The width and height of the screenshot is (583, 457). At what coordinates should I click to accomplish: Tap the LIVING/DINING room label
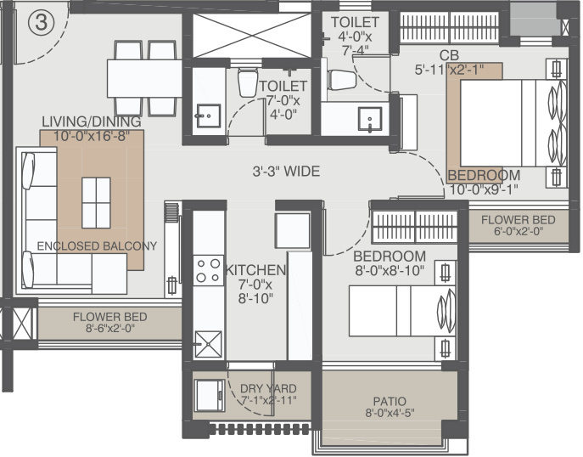click(92, 128)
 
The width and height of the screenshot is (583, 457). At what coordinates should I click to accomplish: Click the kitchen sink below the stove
click(209, 344)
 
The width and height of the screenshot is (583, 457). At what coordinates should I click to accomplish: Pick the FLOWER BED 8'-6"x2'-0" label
click(109, 323)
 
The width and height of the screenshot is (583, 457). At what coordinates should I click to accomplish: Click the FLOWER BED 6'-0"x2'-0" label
click(518, 225)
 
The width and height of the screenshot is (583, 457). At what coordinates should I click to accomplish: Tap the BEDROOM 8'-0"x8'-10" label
click(390, 263)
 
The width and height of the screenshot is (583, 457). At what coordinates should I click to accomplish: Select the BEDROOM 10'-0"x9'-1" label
click(484, 182)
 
